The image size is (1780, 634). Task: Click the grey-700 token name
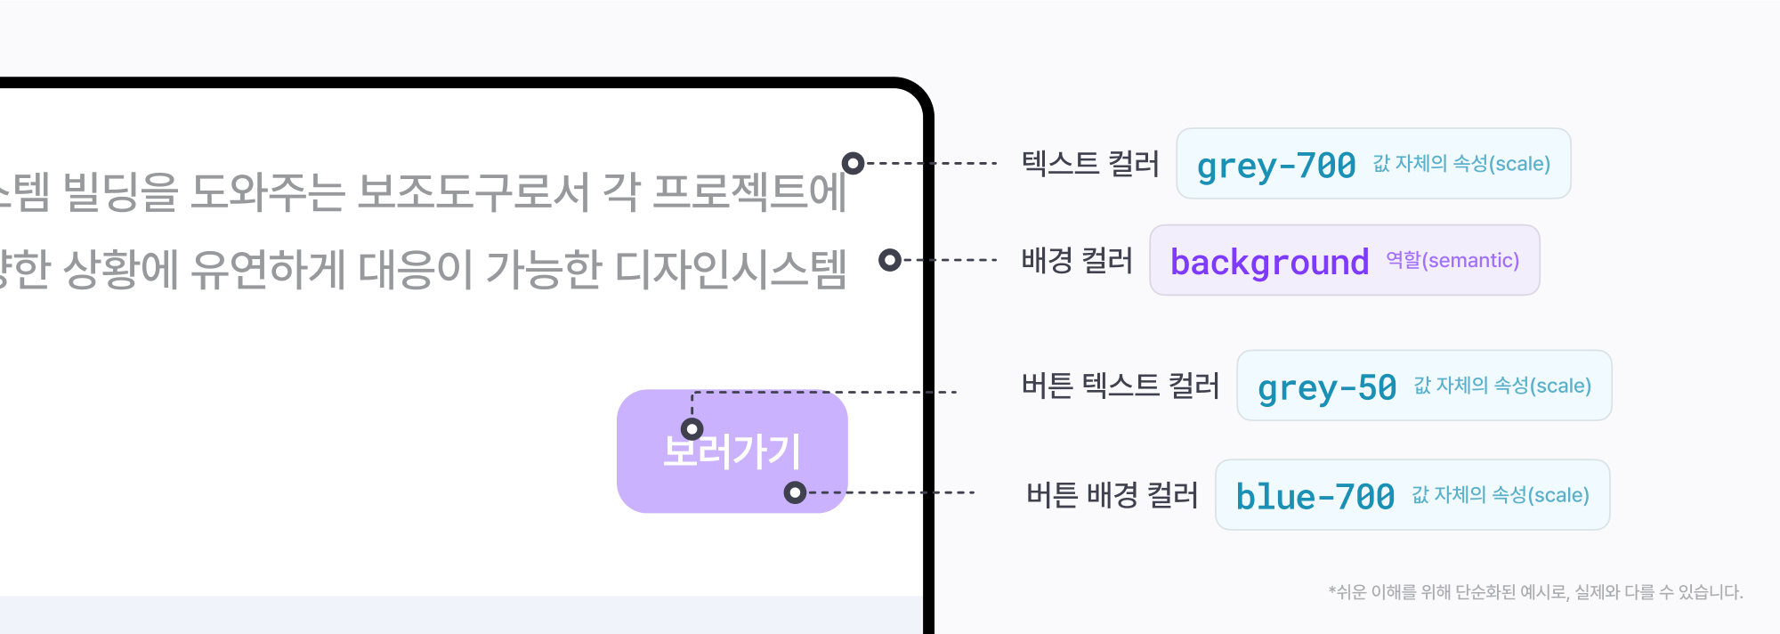(1275, 166)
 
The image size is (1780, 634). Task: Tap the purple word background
(1269, 262)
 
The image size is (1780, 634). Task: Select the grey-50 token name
(1326, 387)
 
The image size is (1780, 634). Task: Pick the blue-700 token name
(1315, 497)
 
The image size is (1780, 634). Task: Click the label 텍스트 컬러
(1090, 164)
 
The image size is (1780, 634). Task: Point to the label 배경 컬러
(1077, 260)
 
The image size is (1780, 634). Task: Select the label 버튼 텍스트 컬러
(1121, 386)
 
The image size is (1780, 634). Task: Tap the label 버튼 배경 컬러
(1112, 495)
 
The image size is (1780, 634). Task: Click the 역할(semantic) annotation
(1452, 260)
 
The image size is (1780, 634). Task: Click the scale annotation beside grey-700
(1461, 164)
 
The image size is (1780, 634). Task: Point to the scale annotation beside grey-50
(1502, 386)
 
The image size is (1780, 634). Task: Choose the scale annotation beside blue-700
(1501, 495)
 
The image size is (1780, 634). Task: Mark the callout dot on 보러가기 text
(692, 429)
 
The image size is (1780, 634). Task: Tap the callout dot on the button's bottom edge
(795, 492)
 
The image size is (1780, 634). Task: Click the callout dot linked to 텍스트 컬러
(853, 163)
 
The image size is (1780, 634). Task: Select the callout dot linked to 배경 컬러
(889, 260)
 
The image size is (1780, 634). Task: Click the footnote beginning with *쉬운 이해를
(1535, 592)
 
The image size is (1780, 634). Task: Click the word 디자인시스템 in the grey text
(731, 269)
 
